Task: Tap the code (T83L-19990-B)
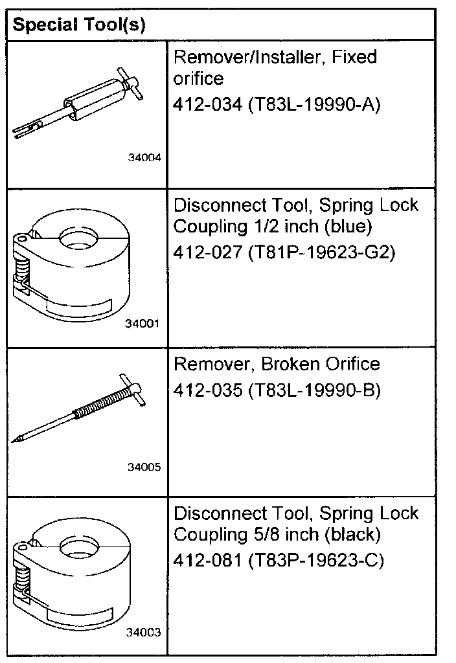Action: pyautogui.click(x=313, y=391)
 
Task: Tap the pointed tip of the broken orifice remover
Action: pyautogui.click(x=15, y=440)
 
